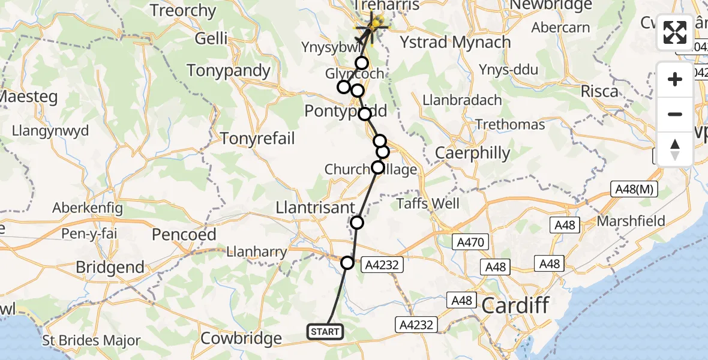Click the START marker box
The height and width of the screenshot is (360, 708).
325,331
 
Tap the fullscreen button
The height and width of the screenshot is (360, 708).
675,32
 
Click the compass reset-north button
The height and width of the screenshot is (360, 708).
675,149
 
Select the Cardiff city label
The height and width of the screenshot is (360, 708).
515,305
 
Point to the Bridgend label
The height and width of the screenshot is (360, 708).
110,267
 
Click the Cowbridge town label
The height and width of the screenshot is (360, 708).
241,338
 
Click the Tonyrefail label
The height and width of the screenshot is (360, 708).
257,139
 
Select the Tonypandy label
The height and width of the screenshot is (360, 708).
229,70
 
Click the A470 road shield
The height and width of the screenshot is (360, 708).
471,242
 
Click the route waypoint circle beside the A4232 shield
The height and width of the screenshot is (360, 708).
348,262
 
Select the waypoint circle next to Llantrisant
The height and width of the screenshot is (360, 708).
357,223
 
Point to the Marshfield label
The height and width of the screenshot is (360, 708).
631,221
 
